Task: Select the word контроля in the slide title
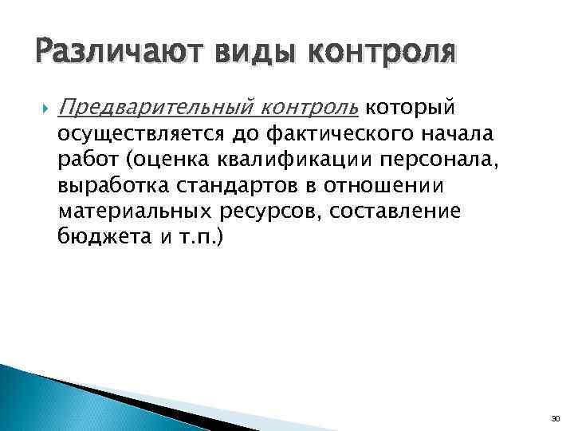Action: pos(383,54)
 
